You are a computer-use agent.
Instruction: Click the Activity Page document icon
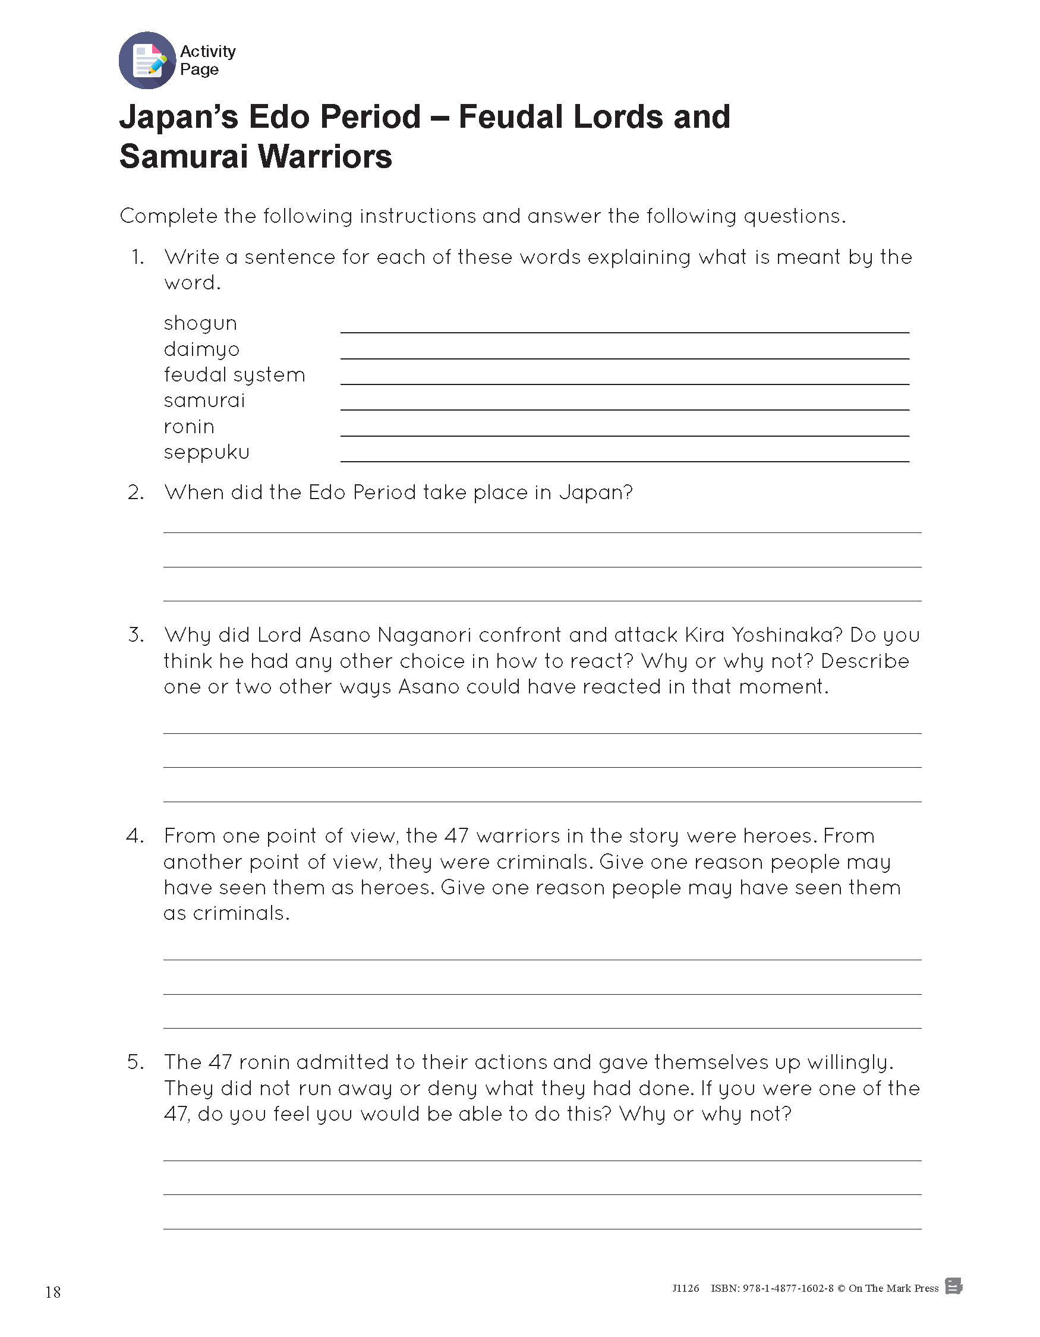tap(147, 61)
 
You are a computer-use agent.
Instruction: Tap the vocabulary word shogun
tap(200, 324)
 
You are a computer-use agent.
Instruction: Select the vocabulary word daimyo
tap(201, 349)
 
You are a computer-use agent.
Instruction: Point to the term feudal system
tap(234, 374)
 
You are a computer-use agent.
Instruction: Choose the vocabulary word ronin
tap(189, 427)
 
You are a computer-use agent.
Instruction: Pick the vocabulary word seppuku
tap(206, 453)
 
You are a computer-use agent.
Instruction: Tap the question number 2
tap(135, 493)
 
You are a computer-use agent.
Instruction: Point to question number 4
tap(135, 836)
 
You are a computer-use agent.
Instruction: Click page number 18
tap(53, 1292)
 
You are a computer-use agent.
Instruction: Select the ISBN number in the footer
tap(772, 1288)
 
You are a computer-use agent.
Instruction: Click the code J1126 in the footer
tap(686, 1288)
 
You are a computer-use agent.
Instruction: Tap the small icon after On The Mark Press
tap(953, 1286)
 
